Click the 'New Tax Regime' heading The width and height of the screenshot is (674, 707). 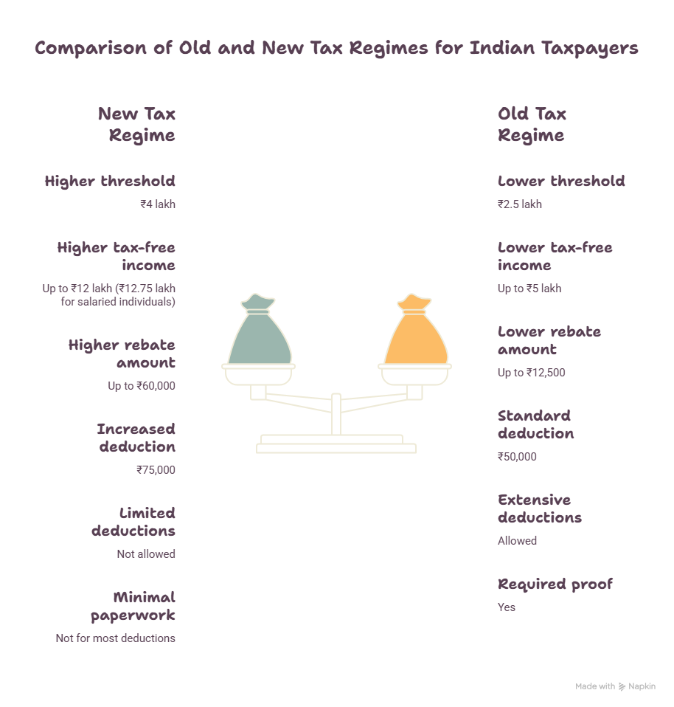coord(136,125)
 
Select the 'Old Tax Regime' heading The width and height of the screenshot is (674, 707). coord(532,125)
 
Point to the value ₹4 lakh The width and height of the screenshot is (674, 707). coord(158,204)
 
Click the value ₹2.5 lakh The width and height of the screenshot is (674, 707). coord(519,204)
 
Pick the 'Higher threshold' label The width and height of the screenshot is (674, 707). coord(110,181)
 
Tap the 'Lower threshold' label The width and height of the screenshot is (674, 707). coord(561,181)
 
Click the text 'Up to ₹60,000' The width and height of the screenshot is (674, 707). coord(142,386)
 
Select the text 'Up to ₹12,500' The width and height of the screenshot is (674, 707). coord(531,373)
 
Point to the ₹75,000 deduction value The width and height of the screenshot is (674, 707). coord(156,470)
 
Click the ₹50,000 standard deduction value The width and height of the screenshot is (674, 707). coord(517,456)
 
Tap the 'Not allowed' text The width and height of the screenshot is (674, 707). coord(146,553)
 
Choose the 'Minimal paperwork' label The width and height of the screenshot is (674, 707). coord(133,606)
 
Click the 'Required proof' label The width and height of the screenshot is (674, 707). coord(555,584)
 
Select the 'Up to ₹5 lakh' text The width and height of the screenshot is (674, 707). coord(529,289)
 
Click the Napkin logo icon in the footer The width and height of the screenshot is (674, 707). coord(622,687)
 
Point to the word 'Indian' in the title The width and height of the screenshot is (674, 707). coord(502,47)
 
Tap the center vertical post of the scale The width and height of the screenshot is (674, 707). coord(336,414)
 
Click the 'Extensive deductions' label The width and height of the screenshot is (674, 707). coord(540,508)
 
